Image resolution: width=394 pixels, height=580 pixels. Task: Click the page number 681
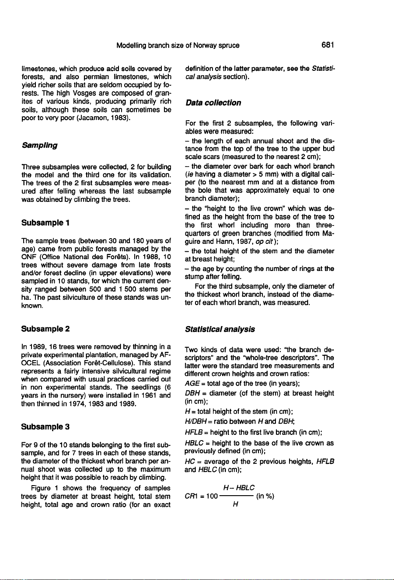[327, 45]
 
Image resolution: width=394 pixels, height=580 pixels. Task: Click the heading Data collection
[213, 103]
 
